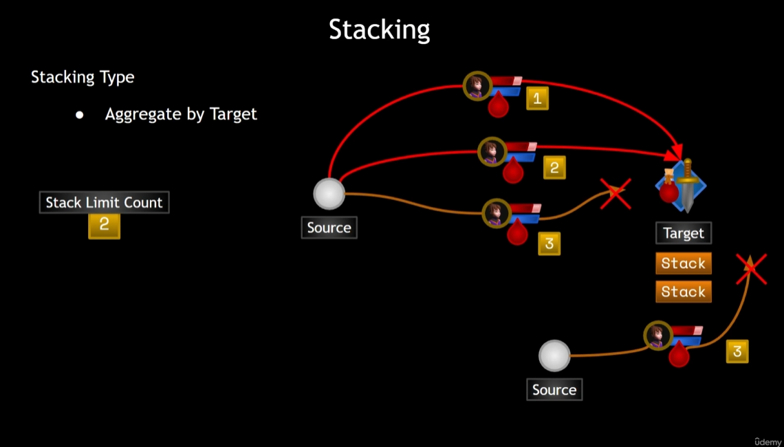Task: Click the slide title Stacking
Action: coord(379,30)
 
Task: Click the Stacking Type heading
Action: coord(83,77)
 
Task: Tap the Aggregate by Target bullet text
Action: coord(181,114)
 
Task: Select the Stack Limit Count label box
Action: coord(104,202)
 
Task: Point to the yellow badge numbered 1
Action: coord(537,98)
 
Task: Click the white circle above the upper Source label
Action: coord(329,194)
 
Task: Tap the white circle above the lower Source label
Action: coord(554,356)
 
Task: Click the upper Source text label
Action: coord(329,228)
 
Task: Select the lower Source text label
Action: coord(554,390)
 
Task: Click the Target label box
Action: coord(683,233)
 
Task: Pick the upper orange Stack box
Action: coord(683,263)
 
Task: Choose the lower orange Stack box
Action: coord(683,292)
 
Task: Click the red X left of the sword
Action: coord(615,193)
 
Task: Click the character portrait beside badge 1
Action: coord(476,86)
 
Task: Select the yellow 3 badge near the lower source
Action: coord(737,351)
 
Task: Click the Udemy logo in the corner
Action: coord(767,441)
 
